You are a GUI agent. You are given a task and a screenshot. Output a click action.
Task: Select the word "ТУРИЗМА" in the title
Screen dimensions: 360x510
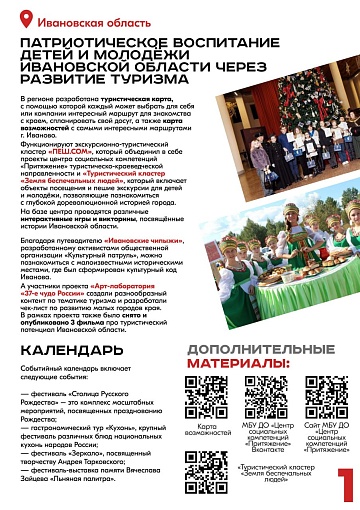(x=135, y=81)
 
